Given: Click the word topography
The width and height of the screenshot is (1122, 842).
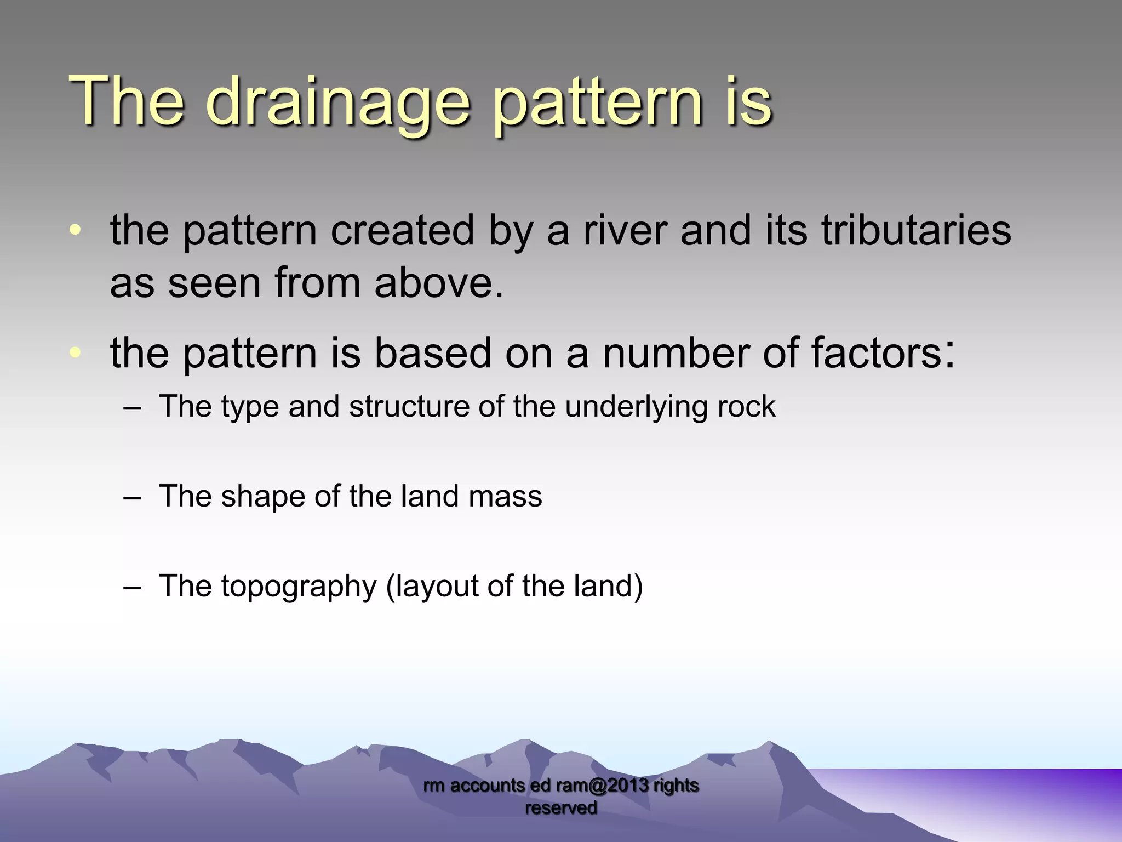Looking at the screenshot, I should (299, 587).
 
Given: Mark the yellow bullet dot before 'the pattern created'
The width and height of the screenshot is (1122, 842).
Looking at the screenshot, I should (75, 230).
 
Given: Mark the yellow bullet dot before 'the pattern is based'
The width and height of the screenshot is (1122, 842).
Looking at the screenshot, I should (75, 352).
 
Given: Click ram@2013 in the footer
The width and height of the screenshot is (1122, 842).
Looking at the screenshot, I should (602, 785).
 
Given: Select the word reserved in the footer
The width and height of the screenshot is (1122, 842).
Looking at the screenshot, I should (560, 807).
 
